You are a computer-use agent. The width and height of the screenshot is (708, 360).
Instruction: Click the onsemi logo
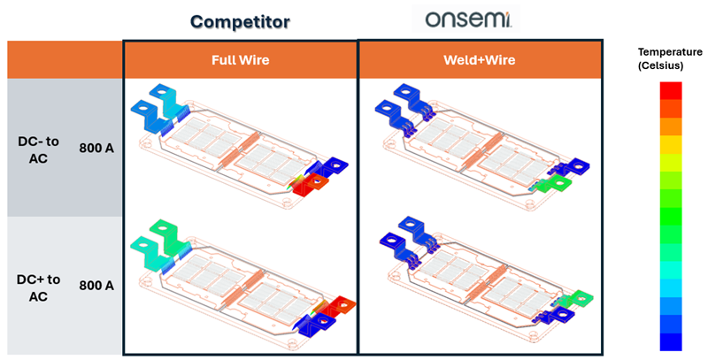468,19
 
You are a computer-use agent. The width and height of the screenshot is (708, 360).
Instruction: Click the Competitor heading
240,21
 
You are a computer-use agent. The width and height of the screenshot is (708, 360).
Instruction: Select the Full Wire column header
240,60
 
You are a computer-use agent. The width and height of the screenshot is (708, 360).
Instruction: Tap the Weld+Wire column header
480,60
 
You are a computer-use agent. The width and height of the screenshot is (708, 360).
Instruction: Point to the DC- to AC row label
38,149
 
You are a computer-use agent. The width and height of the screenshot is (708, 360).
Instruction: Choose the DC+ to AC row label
38,287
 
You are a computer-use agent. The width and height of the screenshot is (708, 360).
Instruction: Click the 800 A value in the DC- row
96,148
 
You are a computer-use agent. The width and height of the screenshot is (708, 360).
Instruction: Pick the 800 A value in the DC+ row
96,286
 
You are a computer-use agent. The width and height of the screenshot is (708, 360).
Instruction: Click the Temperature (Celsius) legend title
670,58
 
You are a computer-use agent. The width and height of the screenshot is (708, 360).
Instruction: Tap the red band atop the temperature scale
671,90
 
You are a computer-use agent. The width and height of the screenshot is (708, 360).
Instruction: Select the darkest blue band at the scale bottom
671,341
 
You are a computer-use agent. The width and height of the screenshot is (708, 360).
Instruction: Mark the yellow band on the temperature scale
671,144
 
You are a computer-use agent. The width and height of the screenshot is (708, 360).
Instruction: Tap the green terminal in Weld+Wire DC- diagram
554,185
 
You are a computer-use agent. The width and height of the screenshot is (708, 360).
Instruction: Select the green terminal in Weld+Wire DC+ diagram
578,298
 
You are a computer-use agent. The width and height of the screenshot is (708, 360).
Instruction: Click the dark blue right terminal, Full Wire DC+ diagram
319,324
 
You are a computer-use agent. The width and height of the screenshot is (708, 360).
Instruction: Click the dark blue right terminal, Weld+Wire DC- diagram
573,167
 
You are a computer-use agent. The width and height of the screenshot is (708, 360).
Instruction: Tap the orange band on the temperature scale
671,126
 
